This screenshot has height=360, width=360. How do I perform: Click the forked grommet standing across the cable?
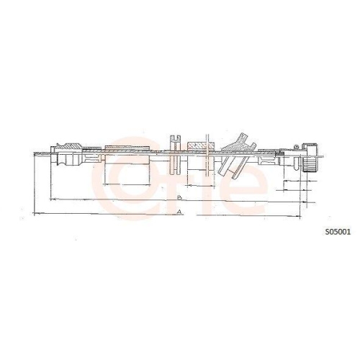coord(174,154)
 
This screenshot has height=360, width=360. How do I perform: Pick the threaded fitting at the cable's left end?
coord(70,154)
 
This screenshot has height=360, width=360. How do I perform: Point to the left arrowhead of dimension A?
coord(36,214)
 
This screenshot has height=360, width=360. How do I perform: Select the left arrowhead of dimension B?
coord(50,198)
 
